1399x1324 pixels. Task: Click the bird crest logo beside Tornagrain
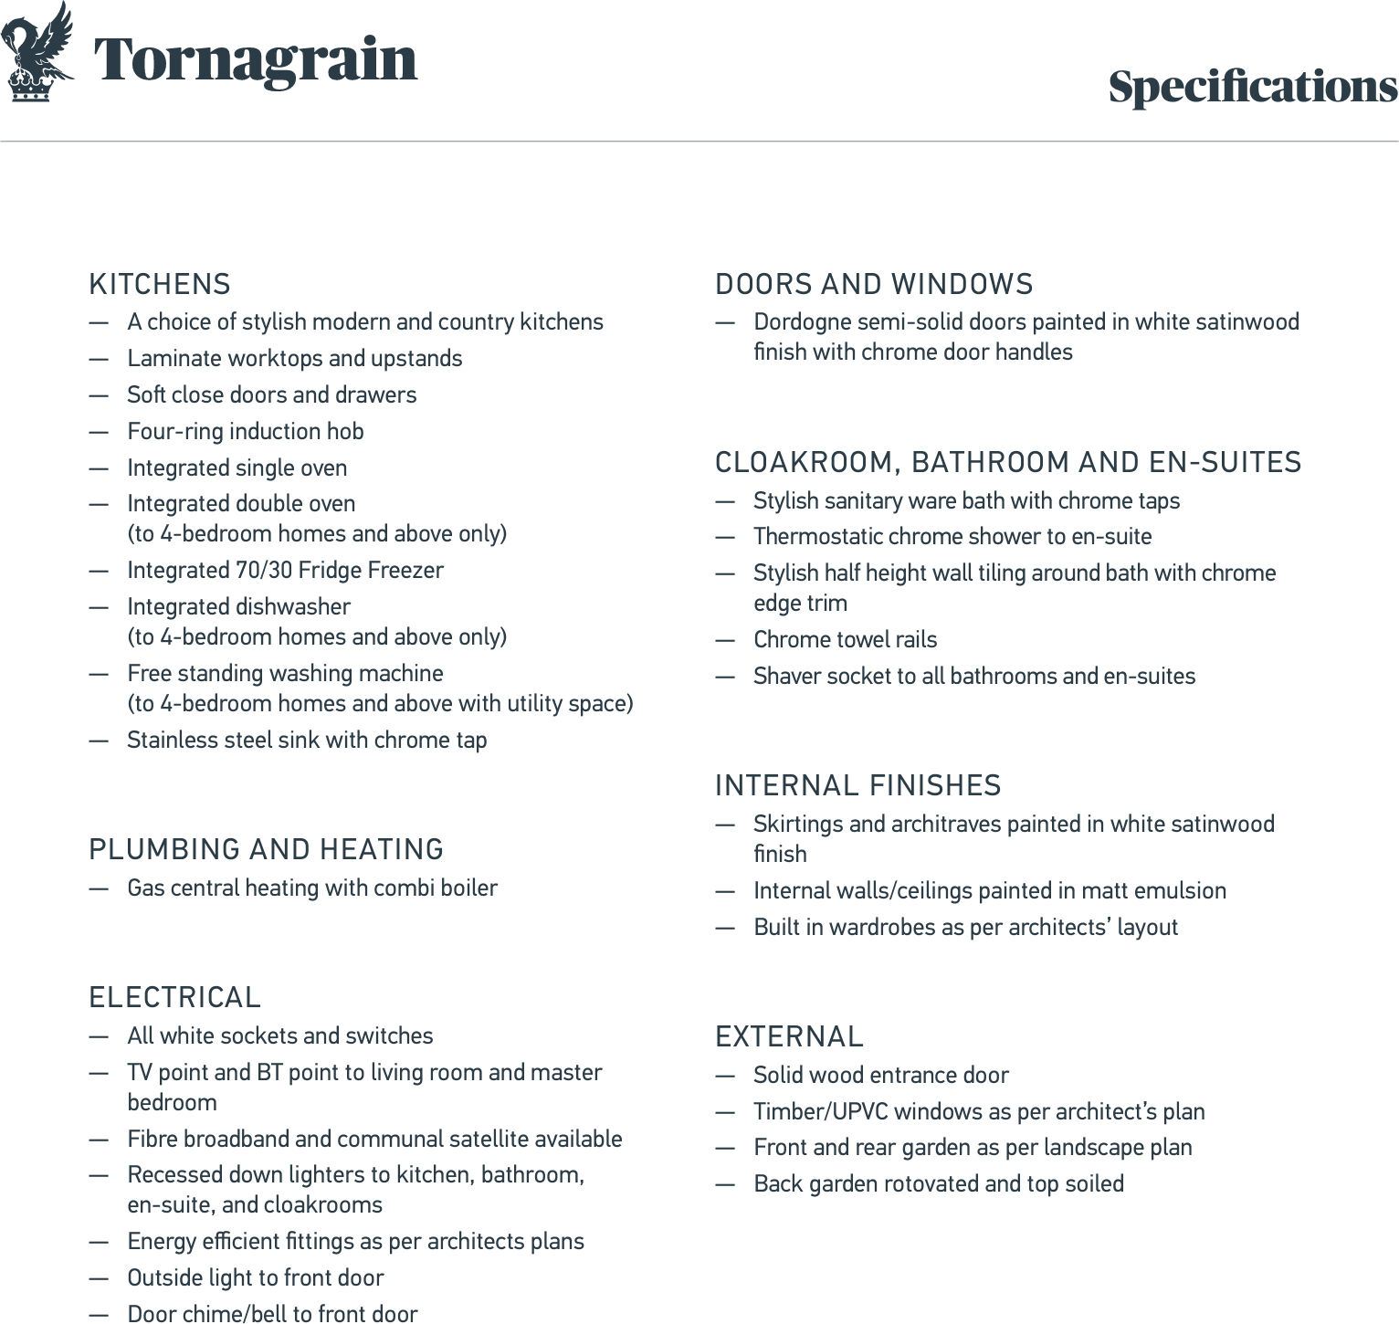click(38, 52)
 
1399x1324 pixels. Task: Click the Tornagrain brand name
click(256, 59)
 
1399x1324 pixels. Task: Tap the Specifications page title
click(1252, 88)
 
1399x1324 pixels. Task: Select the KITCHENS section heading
click(160, 285)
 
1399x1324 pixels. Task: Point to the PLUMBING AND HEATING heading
click(266, 850)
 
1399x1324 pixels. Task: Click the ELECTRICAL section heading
click(175, 998)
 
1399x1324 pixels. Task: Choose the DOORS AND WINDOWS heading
click(874, 285)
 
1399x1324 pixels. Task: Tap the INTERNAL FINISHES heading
click(857, 786)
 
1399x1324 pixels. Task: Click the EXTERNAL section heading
click(789, 1037)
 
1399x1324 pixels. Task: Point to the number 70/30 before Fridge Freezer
click(264, 571)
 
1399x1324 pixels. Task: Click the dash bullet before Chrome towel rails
click(725, 640)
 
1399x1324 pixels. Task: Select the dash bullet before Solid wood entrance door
click(725, 1076)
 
